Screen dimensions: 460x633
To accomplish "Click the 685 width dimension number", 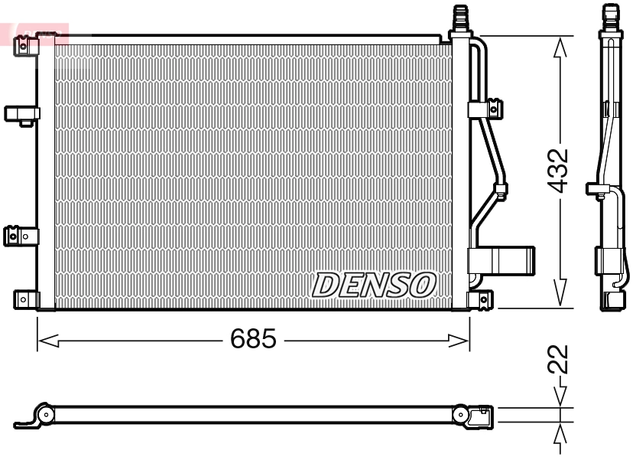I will (253, 339).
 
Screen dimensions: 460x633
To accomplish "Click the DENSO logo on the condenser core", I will (374, 285).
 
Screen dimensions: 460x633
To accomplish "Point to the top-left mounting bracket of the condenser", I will (27, 46).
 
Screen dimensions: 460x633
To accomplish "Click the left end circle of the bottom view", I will (46, 415).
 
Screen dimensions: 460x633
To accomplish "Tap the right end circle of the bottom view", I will (461, 415).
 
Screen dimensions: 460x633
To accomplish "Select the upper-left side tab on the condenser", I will (21, 114).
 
